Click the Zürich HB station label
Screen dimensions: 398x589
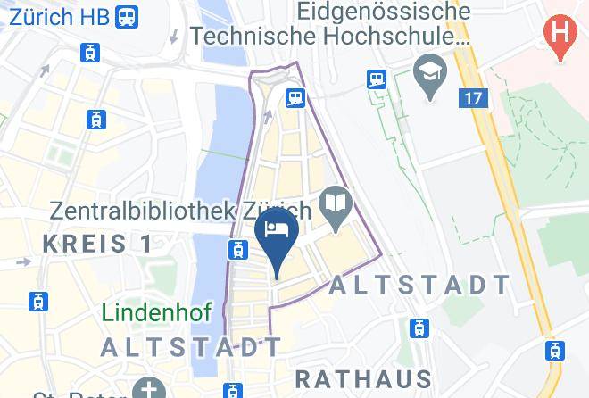54,16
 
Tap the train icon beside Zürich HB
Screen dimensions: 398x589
128,16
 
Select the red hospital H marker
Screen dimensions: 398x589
560,37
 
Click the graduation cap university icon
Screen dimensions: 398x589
430,78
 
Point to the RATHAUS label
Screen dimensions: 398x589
363,378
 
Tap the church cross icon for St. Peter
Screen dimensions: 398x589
145,389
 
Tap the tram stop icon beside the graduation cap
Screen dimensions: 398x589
376,79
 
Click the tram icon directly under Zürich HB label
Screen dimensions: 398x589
89,53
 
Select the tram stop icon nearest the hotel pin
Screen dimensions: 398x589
236,250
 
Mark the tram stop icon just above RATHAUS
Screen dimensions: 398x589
417,329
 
